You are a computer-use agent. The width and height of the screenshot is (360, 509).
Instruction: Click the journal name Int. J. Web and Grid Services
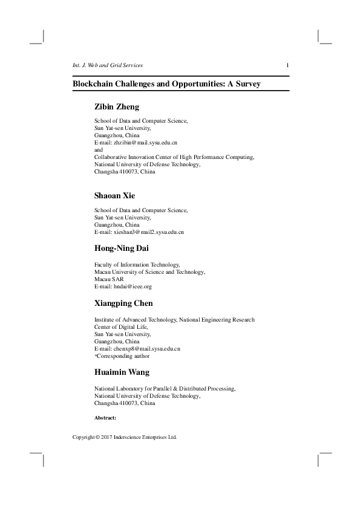pos(107,65)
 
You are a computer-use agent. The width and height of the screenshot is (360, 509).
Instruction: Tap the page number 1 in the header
pos(287,65)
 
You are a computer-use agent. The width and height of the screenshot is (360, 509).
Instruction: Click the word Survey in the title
pos(247,84)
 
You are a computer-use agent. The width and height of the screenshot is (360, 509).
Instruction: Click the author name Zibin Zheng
pos(117,107)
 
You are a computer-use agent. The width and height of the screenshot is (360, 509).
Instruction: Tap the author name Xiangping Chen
pos(123,303)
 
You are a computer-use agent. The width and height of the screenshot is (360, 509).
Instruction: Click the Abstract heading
pos(105,418)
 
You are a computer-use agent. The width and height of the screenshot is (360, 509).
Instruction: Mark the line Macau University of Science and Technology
pos(149,272)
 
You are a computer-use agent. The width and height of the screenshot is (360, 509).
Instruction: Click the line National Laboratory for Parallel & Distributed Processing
pos(165,389)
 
